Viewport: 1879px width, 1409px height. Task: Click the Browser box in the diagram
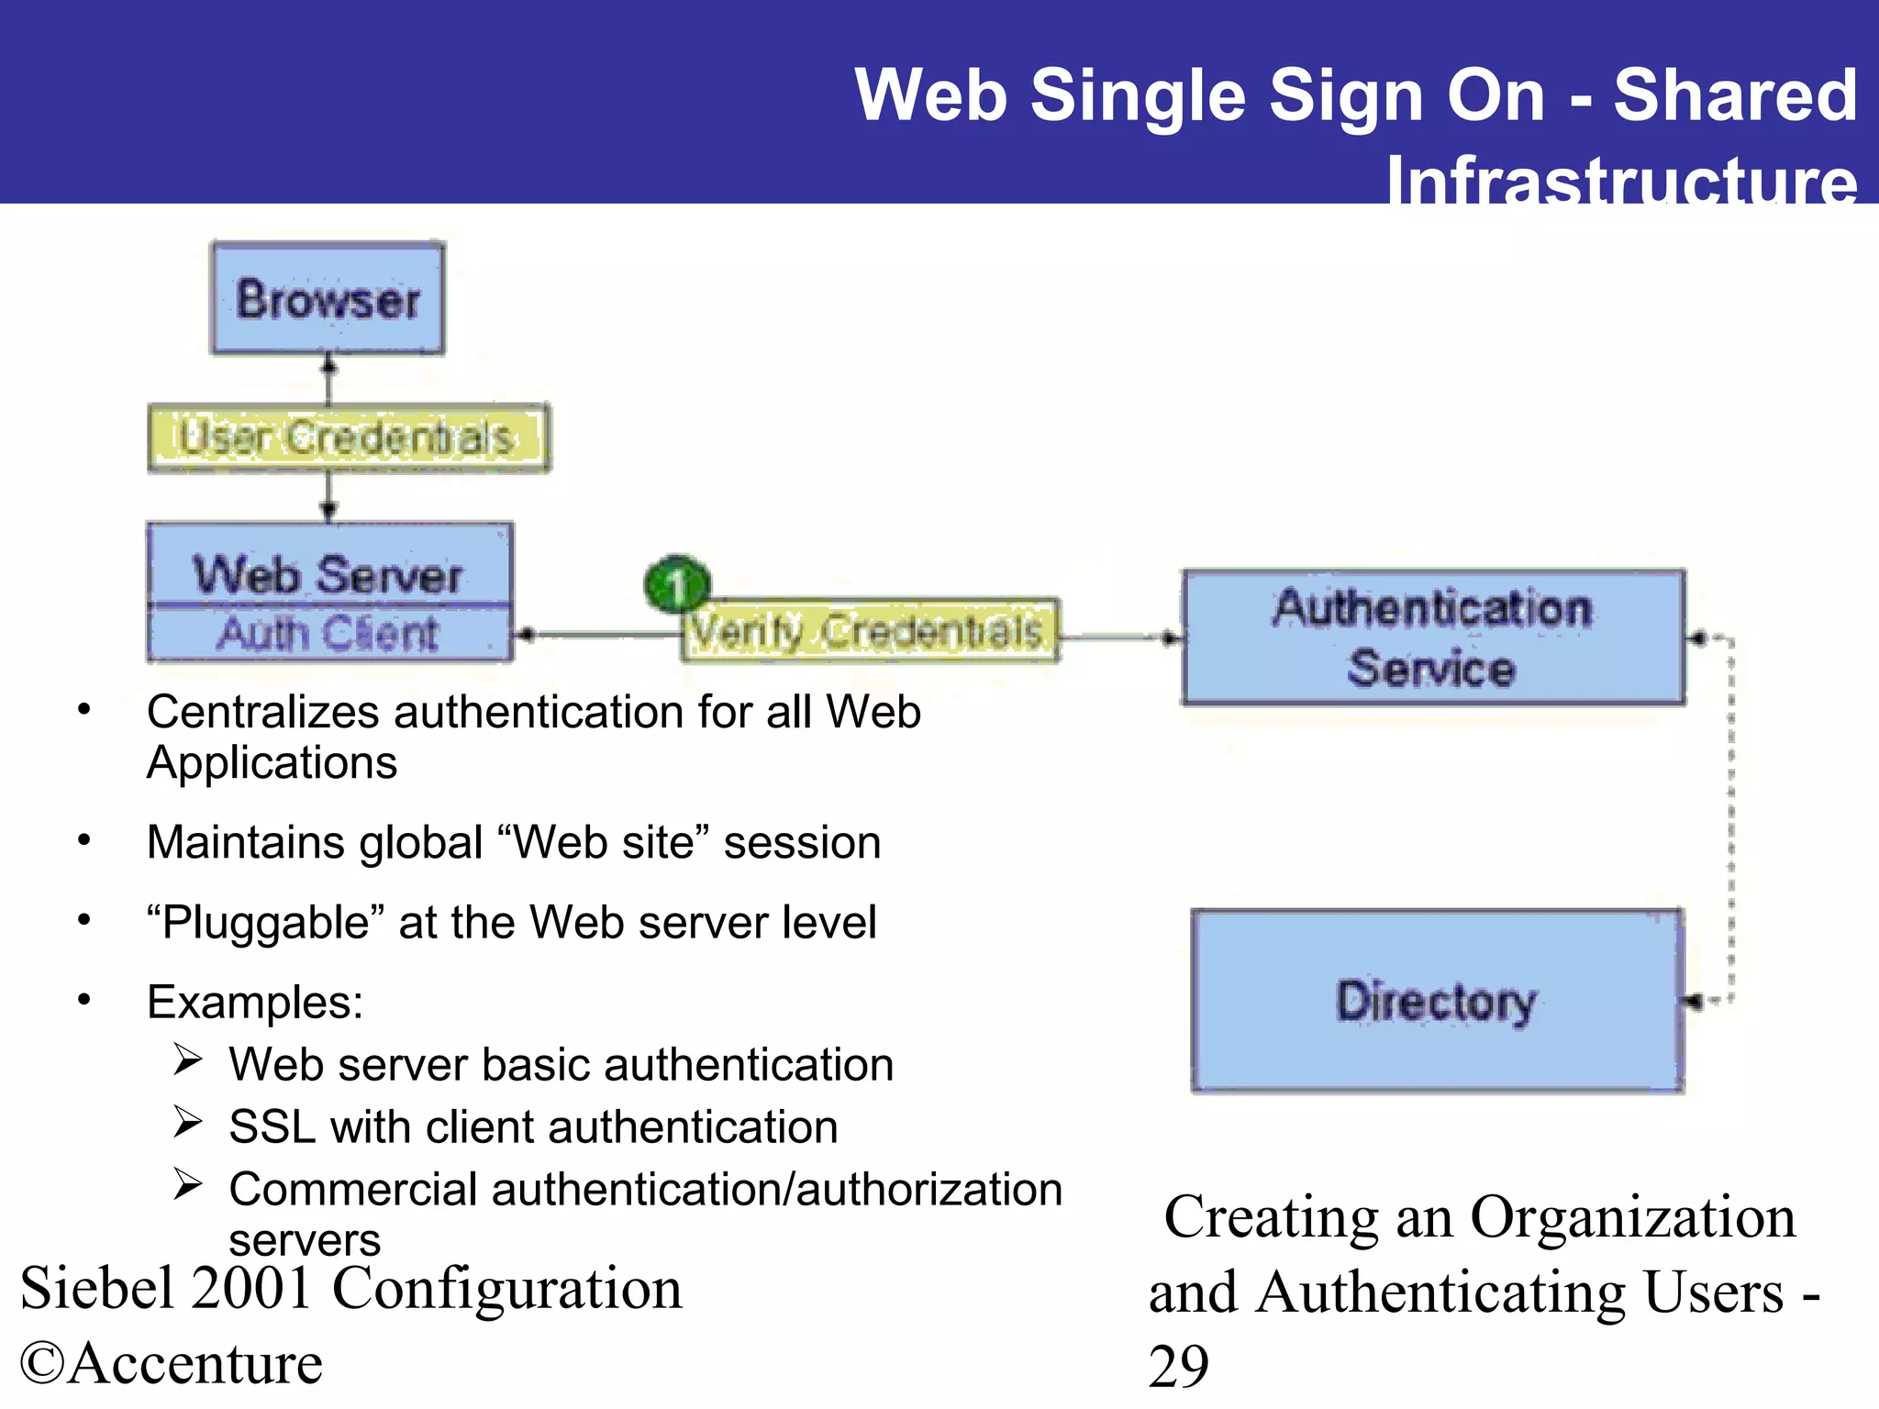pos(328,298)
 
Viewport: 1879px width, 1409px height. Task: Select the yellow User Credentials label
pos(348,438)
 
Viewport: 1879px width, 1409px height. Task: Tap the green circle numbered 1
pos(677,584)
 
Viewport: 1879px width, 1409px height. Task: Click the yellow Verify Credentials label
pos(868,630)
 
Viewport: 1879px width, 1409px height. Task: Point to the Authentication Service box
pos(1432,638)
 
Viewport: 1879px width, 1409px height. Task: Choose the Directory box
pos(1436,1000)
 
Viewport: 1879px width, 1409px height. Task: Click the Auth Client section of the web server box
pos(328,633)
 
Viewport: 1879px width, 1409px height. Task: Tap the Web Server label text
pos(328,574)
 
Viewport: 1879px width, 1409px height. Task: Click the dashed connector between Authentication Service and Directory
pos(1730,816)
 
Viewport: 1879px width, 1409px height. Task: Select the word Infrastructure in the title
pos(1621,179)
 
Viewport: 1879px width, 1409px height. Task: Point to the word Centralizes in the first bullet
pos(262,712)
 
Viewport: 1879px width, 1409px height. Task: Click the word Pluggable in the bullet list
pos(266,923)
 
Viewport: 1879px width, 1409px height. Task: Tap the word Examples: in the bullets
pos(255,1002)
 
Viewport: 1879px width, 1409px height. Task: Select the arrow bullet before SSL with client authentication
pos(187,1123)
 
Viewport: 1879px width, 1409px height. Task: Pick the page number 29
pos(1178,1366)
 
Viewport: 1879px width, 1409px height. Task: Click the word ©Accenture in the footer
pos(172,1362)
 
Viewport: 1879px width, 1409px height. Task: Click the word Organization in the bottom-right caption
pos(1632,1217)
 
